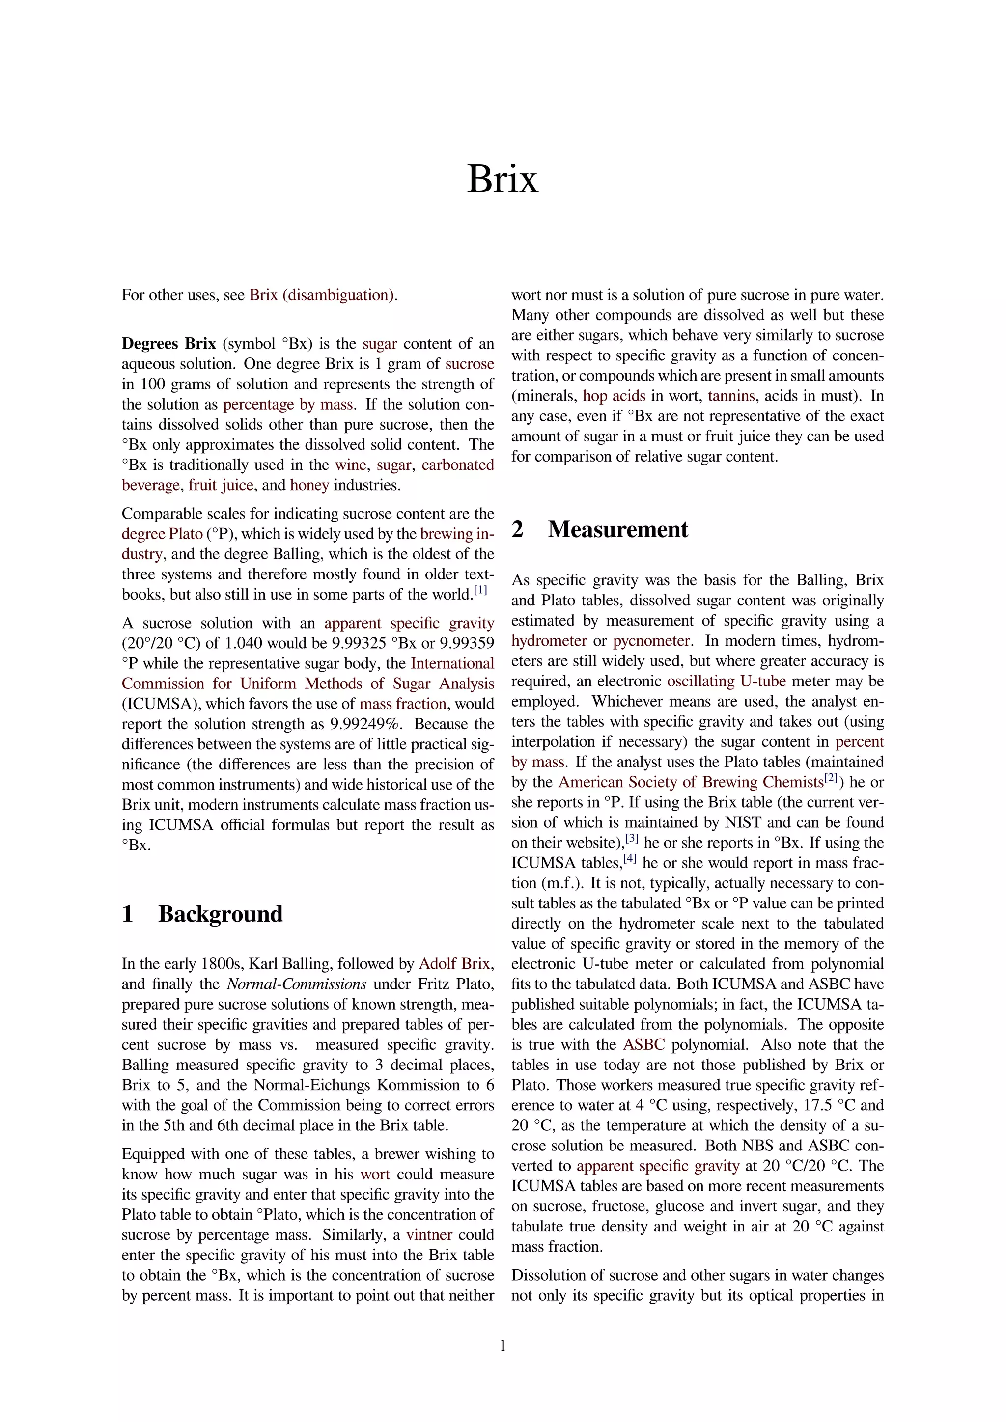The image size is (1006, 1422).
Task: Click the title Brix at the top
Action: tap(503, 179)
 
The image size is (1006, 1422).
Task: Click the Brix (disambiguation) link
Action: tap(322, 295)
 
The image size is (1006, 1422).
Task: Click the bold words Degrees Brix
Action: tap(168, 344)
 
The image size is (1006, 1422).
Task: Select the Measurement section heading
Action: tap(617, 529)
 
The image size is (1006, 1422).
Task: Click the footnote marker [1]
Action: tap(481, 590)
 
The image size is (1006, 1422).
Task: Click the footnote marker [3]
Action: tap(632, 839)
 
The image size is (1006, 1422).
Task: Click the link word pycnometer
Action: tap(651, 641)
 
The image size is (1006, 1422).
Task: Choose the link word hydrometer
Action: tap(549, 641)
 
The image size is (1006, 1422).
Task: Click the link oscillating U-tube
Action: tap(726, 681)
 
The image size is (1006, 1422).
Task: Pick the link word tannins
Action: tap(731, 396)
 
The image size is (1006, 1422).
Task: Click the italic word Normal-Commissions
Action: tap(297, 984)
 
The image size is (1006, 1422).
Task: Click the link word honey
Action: tap(309, 486)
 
